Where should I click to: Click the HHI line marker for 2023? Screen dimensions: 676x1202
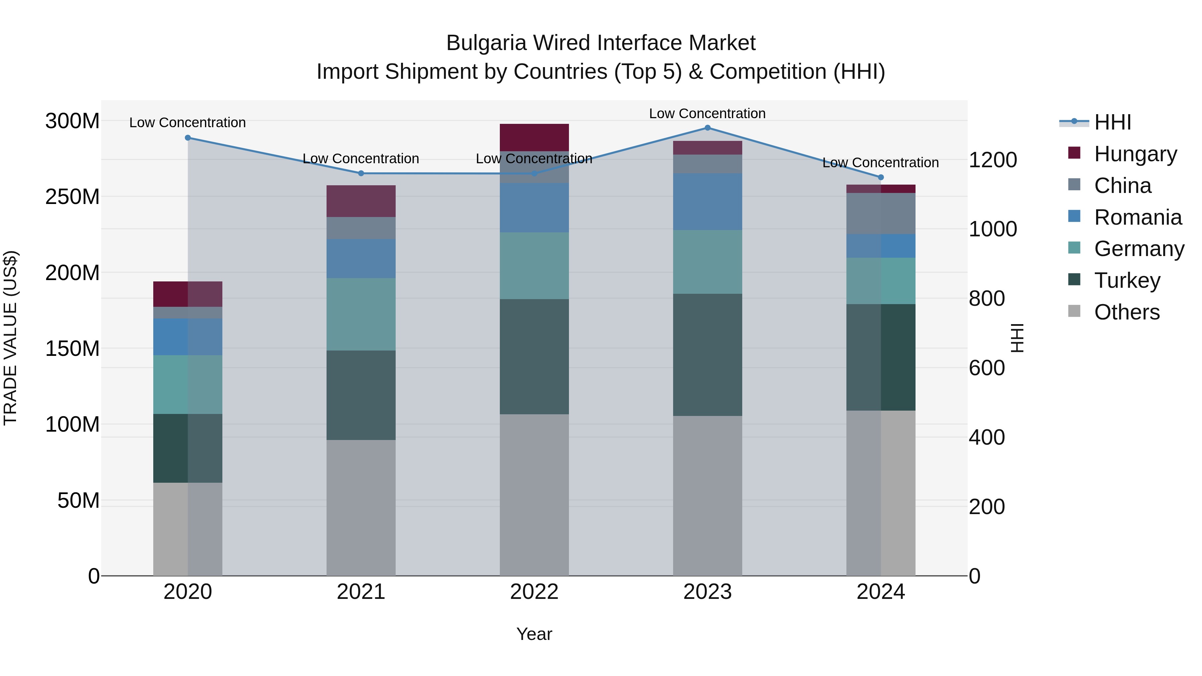point(708,128)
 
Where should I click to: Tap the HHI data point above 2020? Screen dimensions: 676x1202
point(188,138)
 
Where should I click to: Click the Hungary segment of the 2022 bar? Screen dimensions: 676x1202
point(534,137)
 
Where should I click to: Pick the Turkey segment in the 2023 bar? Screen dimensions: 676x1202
point(708,355)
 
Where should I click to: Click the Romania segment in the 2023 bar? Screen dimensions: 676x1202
point(708,202)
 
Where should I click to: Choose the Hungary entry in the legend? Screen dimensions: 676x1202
point(1135,154)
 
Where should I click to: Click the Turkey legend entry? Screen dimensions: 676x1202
point(1127,280)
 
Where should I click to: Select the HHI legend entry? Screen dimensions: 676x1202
point(1113,122)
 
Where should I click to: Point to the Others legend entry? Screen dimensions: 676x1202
point(1127,312)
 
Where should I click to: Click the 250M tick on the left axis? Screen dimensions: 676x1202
point(72,197)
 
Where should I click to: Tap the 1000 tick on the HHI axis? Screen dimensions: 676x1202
point(993,229)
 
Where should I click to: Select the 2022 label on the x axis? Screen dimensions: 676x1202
point(534,592)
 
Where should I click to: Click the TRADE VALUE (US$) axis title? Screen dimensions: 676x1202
point(10,338)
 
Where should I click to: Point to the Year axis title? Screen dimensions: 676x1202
point(534,634)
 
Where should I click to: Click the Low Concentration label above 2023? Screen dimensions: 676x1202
point(708,114)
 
